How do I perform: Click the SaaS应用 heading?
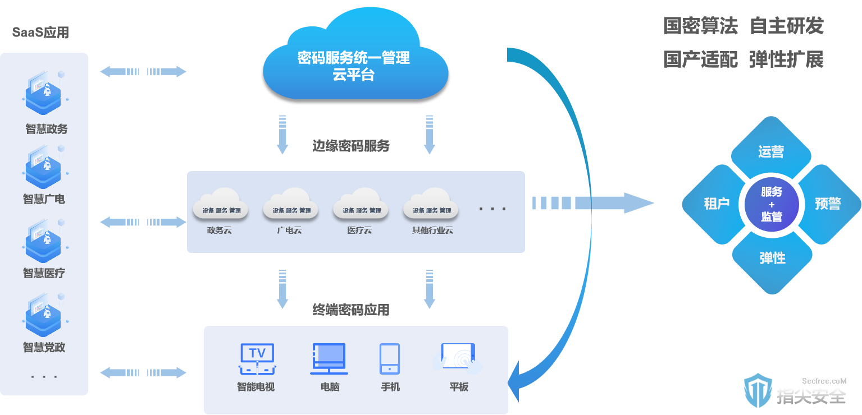click(x=40, y=33)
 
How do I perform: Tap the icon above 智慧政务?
click(x=44, y=93)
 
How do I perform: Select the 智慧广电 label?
click(x=44, y=199)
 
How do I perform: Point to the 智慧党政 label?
click(x=44, y=347)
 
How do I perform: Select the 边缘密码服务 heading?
click(x=351, y=146)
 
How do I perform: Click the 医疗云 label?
click(x=360, y=230)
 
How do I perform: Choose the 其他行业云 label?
click(x=432, y=230)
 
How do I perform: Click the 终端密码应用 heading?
click(x=351, y=310)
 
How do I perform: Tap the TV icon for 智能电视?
click(x=257, y=359)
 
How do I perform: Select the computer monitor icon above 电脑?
click(x=329, y=358)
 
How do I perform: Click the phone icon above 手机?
click(x=390, y=358)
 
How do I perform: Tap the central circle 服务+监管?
click(x=772, y=204)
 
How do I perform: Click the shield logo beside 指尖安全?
click(x=758, y=390)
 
